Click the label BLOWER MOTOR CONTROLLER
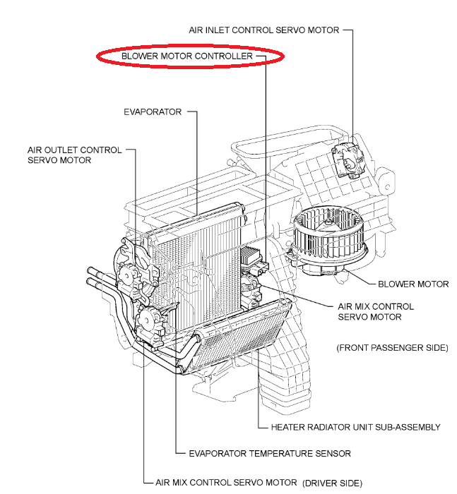(x=187, y=56)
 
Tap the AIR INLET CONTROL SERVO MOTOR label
(x=264, y=30)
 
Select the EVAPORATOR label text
(x=153, y=112)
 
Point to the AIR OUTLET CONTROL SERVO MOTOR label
(x=74, y=155)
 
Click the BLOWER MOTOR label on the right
(x=413, y=284)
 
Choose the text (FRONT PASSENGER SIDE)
(x=392, y=348)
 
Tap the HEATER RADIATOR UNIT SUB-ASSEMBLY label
(x=356, y=427)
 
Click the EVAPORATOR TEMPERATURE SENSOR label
(x=270, y=454)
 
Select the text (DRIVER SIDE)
(x=332, y=483)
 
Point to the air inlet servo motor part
(x=348, y=160)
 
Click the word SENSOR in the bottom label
(x=333, y=454)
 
